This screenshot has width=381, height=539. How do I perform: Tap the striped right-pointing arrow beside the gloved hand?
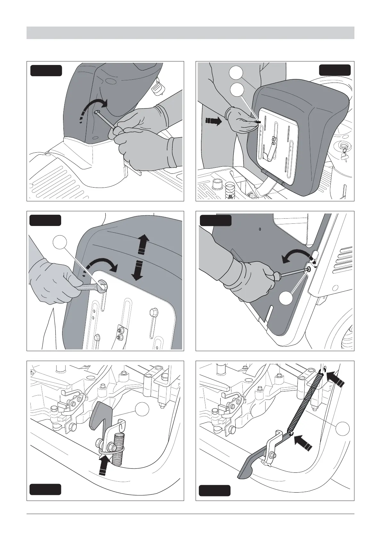point(213,121)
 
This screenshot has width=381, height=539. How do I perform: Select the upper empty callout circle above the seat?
point(236,73)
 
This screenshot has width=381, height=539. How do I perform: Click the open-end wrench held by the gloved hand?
point(91,287)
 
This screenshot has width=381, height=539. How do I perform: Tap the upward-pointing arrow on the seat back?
point(143,244)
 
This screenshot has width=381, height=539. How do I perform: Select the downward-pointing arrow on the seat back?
point(139,269)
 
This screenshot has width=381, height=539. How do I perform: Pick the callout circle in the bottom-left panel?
point(142,410)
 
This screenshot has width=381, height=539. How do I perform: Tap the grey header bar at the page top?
point(190,33)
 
